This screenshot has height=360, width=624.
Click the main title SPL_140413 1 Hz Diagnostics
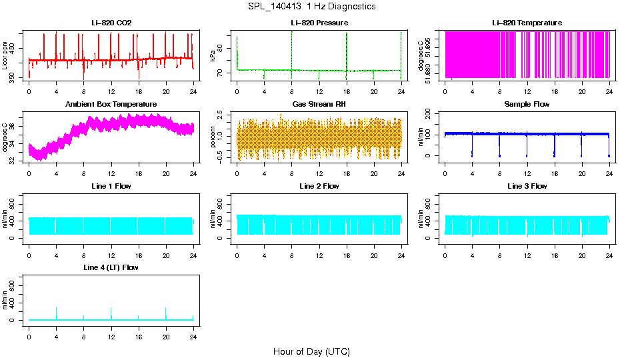coord(311,7)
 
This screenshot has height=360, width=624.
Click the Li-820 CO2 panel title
coord(111,23)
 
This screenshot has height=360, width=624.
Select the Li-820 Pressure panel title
coord(319,23)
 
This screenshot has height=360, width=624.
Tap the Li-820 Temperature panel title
coord(527,23)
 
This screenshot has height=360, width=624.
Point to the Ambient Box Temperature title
coord(111,104)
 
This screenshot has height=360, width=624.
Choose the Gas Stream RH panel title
coord(319,104)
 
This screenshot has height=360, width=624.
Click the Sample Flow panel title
coord(527,104)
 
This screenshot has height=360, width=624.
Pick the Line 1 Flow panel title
coord(111,186)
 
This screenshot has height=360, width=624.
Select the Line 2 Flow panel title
coord(319,186)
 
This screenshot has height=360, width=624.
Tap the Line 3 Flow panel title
coord(527,186)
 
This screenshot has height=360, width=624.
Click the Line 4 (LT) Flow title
coord(111,267)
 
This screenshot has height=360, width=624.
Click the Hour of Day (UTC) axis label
coord(311,351)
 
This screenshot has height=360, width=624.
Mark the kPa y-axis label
coord(213,55)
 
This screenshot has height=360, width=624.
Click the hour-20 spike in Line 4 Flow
coord(165,312)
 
